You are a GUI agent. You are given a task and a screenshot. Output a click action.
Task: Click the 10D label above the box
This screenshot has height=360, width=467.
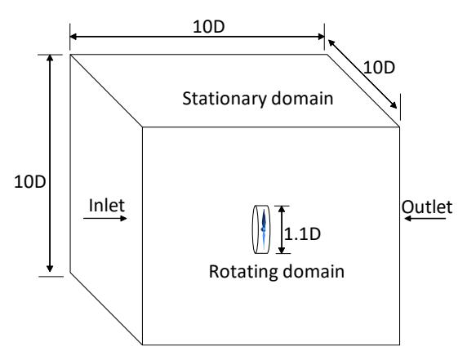point(209,27)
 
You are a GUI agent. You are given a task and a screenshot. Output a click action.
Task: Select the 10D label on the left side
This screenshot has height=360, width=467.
point(29,181)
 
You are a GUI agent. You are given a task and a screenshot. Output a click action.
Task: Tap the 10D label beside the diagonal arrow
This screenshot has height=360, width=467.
point(379,68)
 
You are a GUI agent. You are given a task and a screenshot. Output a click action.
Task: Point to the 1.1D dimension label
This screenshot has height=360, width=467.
point(302,233)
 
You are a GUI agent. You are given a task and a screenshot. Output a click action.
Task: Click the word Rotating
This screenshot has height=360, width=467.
point(243,271)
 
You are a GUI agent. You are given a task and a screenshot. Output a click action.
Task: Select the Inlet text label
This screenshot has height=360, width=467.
point(107,206)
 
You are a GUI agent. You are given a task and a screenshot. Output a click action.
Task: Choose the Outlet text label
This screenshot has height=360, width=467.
point(427,207)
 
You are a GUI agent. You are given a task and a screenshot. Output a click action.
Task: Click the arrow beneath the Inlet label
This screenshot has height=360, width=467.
point(105,219)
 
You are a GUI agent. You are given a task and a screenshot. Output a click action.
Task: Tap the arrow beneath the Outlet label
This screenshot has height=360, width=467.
point(425,219)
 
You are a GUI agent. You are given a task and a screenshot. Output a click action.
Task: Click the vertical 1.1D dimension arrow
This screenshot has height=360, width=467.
point(282,229)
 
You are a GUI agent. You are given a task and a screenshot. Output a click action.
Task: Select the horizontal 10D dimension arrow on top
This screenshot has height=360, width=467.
point(197,37)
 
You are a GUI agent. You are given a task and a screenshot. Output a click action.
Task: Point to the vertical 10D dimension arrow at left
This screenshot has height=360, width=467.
point(50,163)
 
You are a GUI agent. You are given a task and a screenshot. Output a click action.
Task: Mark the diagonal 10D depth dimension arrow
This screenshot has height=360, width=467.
point(362,74)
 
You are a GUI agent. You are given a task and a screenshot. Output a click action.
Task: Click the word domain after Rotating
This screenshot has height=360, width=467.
point(314,271)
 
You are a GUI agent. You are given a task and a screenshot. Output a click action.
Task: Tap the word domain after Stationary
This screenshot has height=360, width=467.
point(302,98)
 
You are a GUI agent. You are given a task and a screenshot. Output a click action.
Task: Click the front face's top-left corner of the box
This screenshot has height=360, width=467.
point(142,127)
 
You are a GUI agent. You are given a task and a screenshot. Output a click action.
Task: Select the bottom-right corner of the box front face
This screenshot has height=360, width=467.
point(399,344)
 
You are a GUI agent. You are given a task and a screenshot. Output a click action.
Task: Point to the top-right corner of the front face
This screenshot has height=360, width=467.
point(399,127)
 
